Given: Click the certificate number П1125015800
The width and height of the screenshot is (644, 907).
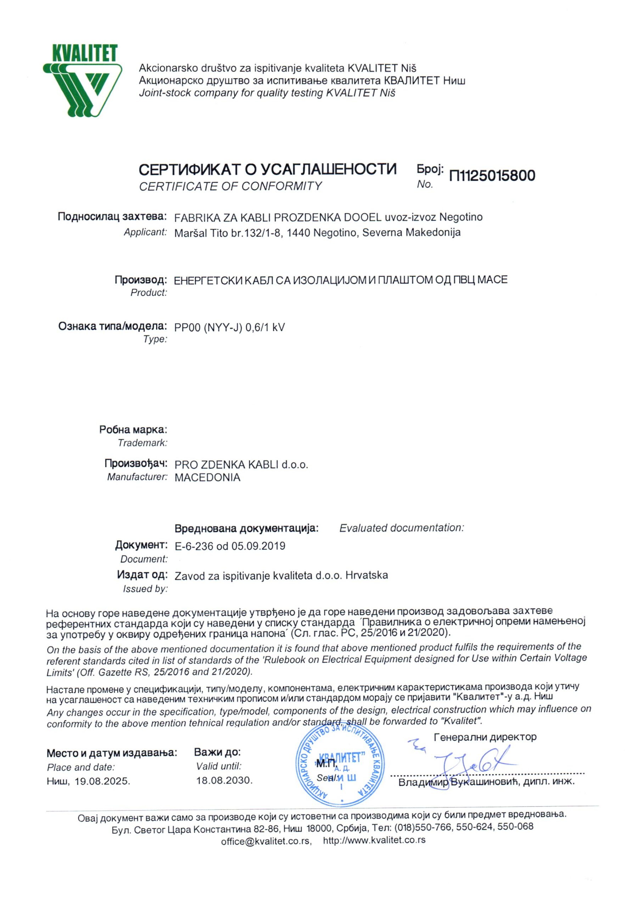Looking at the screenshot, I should (492, 175).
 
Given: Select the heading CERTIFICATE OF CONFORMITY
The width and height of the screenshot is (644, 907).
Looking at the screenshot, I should (230, 186).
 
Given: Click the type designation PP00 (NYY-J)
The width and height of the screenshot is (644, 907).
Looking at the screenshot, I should (208, 327).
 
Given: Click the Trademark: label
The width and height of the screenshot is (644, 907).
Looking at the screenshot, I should (142, 443).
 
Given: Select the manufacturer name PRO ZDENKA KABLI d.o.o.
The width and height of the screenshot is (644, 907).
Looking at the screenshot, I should (241, 464).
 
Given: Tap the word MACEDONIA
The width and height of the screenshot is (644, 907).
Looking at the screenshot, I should (207, 478).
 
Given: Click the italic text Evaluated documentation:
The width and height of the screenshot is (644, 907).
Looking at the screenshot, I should (401, 528).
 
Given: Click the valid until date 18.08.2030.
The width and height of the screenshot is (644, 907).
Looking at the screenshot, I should (224, 781).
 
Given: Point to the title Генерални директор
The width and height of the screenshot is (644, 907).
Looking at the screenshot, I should (485, 737).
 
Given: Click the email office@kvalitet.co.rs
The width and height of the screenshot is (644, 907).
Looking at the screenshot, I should (266, 841).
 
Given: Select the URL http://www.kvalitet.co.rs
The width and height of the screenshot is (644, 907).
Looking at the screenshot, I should (374, 840).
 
